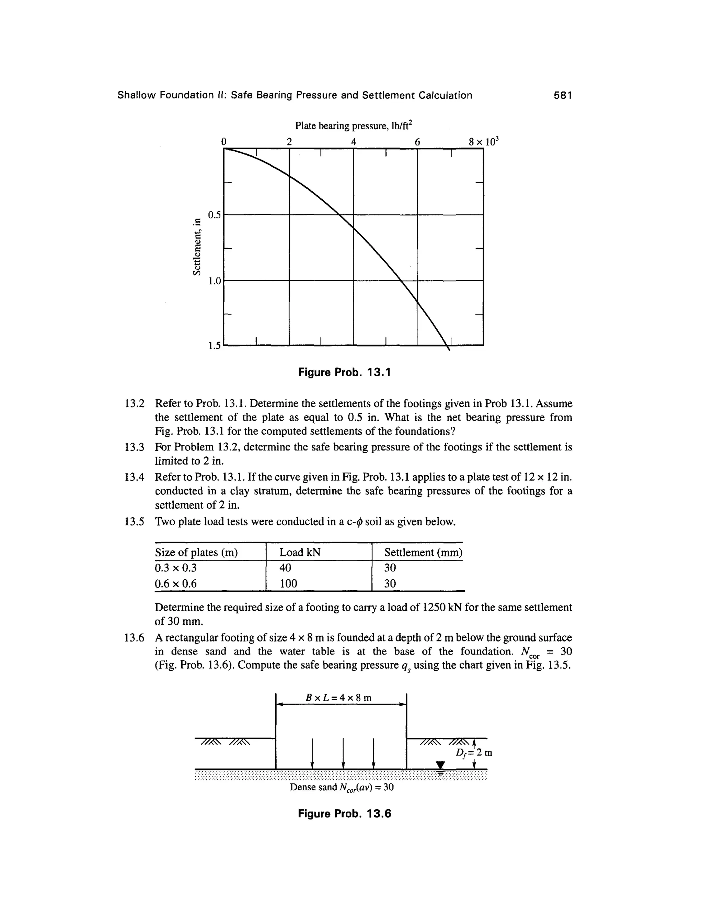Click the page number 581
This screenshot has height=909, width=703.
563,95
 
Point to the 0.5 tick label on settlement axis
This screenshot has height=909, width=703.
215,215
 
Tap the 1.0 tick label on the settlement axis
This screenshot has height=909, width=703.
215,281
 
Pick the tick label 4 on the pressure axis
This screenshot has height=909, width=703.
354,142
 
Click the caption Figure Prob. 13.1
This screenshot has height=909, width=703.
344,372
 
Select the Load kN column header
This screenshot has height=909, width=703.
300,552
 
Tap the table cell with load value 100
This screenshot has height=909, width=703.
288,583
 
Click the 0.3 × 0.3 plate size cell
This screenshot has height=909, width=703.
175,568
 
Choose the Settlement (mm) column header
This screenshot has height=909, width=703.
423,552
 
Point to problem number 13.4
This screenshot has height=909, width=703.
134,477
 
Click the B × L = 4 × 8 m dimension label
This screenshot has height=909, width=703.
338,698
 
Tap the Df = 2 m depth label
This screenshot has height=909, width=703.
474,753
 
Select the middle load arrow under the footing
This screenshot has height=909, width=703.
343,753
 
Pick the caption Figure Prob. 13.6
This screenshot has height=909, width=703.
344,814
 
